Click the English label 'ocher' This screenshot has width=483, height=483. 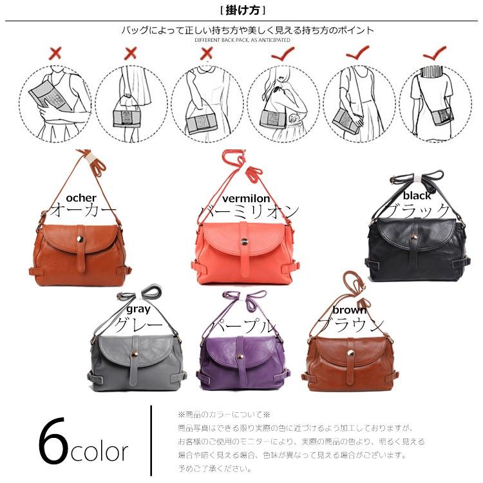81,198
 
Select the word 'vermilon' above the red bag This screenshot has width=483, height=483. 246,198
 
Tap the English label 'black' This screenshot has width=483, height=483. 417,195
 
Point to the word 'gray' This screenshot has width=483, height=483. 138,308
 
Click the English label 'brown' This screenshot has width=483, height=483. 349,310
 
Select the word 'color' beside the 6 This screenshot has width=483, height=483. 99,452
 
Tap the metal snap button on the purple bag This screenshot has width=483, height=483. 240,357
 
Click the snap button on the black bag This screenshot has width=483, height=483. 413,238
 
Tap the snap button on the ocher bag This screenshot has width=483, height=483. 80,240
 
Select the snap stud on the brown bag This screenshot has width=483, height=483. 350,354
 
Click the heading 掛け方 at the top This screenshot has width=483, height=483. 243,11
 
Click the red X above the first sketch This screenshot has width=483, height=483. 55,53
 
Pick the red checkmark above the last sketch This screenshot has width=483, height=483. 435,53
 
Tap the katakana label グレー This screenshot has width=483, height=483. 138,325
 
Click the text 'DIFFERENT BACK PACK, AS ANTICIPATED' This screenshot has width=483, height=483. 242,40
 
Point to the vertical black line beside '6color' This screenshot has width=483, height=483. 151,440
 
